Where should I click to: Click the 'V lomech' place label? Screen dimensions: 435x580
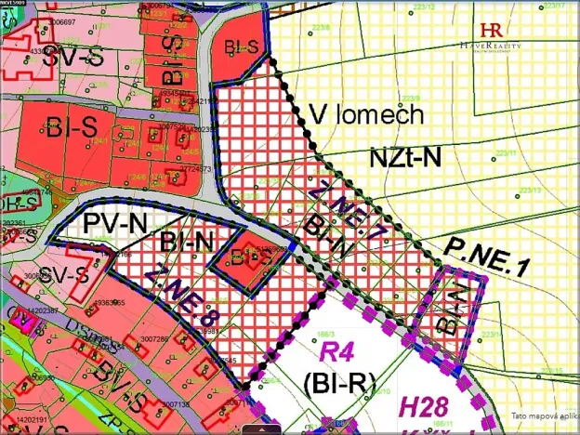(365, 116)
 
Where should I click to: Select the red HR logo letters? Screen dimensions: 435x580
(493, 30)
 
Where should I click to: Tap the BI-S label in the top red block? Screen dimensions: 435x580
(242, 47)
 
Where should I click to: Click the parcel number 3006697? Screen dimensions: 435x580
(63, 20)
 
